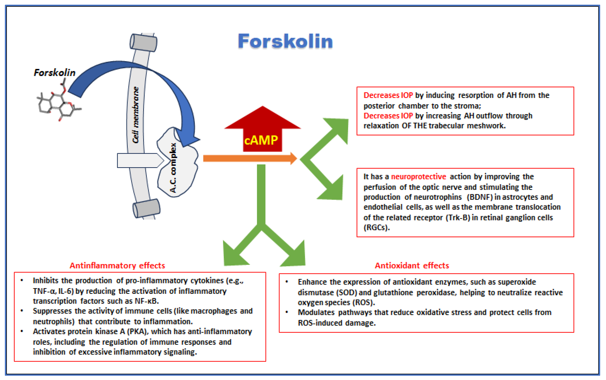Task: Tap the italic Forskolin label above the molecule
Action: tap(54, 73)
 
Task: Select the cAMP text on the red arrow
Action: tap(261, 140)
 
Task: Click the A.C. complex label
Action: tap(173, 168)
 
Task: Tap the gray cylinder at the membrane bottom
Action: tap(146, 208)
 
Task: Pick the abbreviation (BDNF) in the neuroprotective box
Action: tap(479, 197)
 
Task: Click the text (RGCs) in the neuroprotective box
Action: tap(376, 228)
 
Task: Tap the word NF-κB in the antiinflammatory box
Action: tap(147, 301)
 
